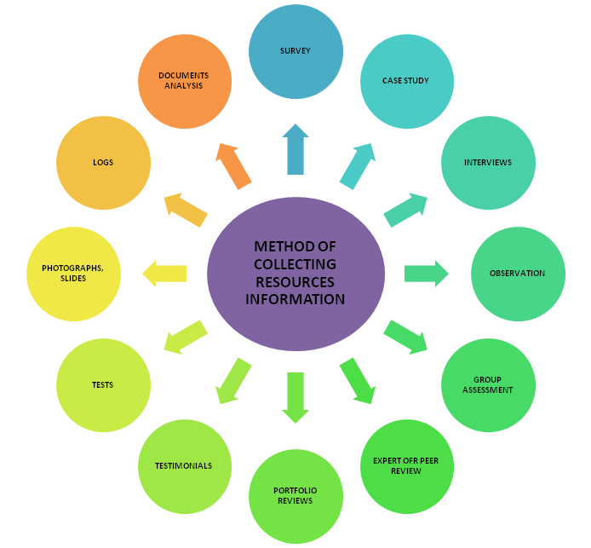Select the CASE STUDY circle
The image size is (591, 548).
pyautogui.click(x=406, y=81)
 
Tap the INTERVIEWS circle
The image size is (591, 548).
pyautogui.click(x=488, y=163)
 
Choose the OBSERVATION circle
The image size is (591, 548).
pyautogui.click(x=518, y=274)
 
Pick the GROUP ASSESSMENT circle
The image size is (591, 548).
pyautogui.click(x=488, y=385)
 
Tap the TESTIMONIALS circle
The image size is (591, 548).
pyautogui.click(x=184, y=466)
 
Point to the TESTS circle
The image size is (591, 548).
pyautogui.click(x=103, y=385)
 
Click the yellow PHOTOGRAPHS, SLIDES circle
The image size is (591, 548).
pyautogui.click(x=73, y=274)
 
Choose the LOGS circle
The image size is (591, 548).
pyautogui.click(x=103, y=163)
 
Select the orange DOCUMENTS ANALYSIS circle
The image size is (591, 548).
pyautogui.click(x=184, y=81)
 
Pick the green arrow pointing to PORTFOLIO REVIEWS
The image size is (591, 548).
pyautogui.click(x=295, y=397)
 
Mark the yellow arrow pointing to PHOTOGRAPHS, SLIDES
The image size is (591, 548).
pyautogui.click(x=165, y=274)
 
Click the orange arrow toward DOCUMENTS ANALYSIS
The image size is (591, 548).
pyautogui.click(x=232, y=164)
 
